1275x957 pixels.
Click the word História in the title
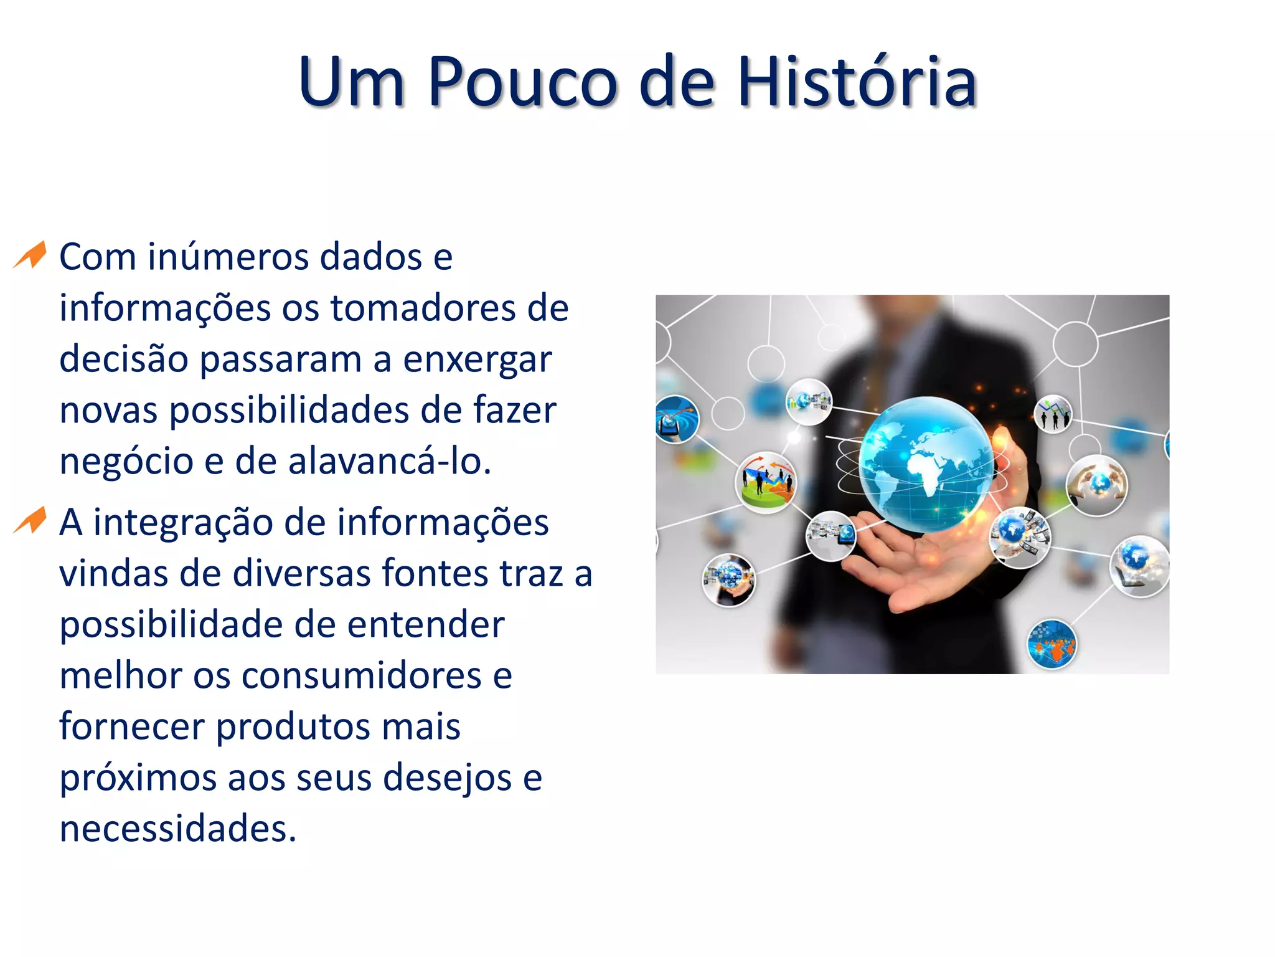coord(857,82)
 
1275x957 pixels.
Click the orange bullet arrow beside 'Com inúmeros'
coord(31,255)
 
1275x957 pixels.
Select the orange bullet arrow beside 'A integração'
coord(31,521)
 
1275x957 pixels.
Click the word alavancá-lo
coord(390,462)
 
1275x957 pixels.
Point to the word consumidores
coord(361,675)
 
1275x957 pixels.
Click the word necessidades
coord(177,829)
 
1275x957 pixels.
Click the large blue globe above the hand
coord(926,464)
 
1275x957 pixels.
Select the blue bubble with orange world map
coord(1052,644)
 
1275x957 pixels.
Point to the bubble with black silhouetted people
coord(1053,414)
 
